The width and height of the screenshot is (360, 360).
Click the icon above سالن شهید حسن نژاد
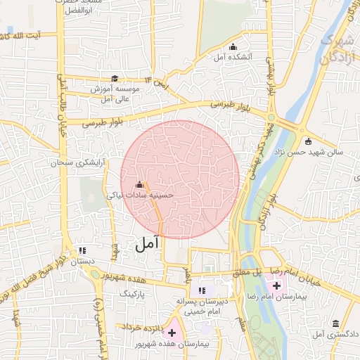click(307, 141)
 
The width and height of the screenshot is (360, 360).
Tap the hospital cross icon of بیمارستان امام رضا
click(276, 285)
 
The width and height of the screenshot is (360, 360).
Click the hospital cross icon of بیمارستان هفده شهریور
click(172, 331)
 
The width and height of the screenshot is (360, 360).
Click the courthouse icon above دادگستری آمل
click(336, 323)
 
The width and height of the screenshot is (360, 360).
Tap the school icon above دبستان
click(83, 250)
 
